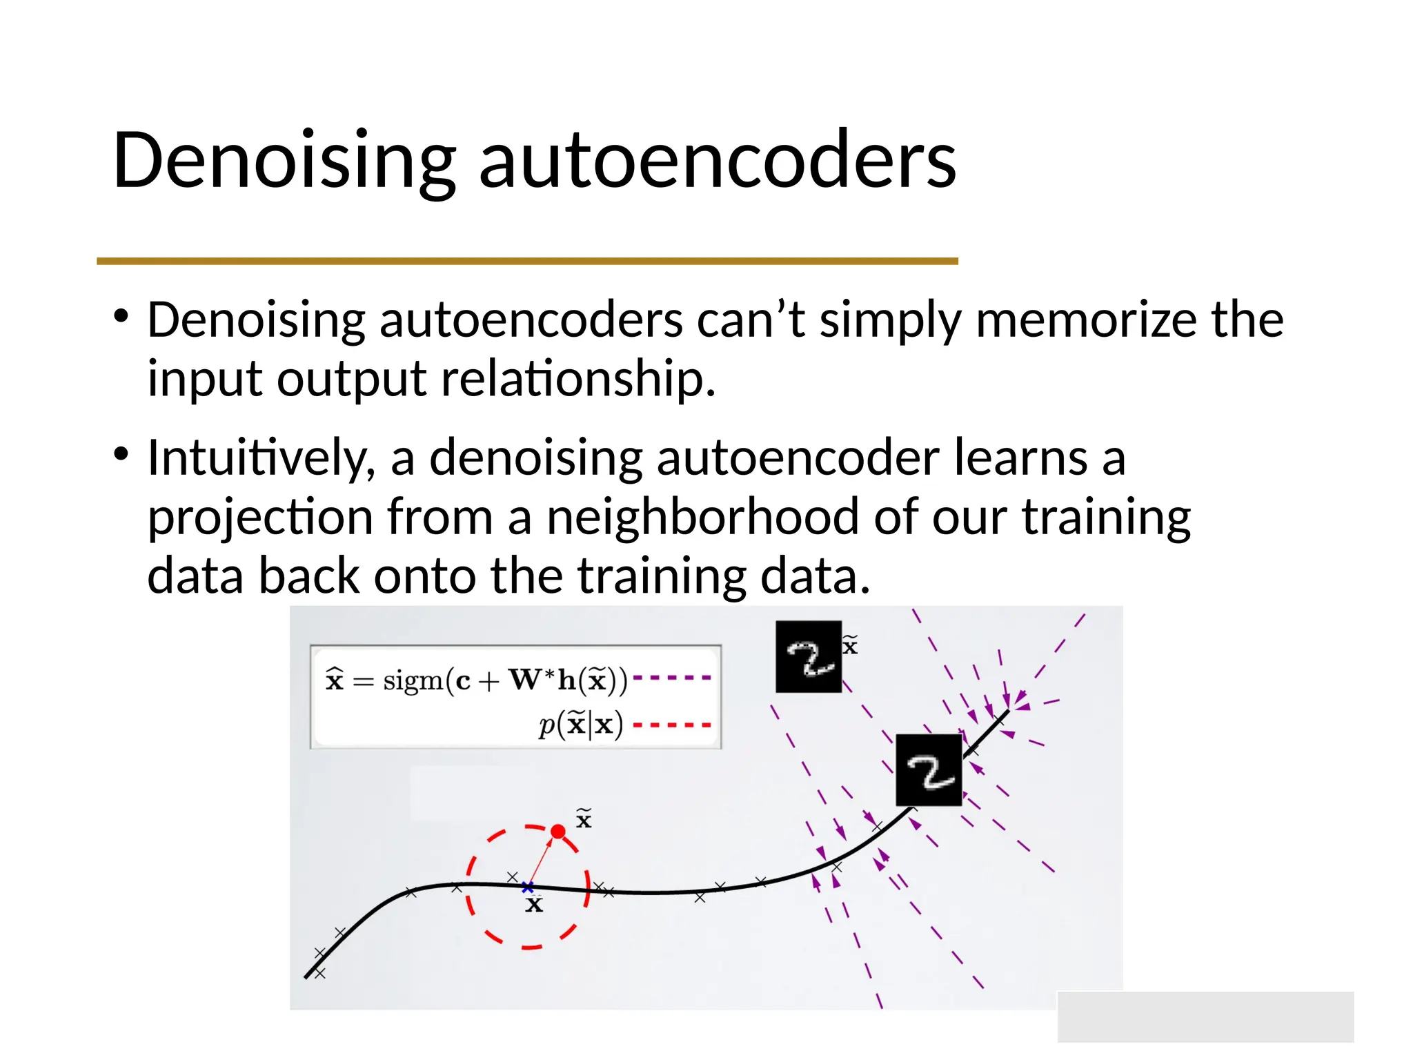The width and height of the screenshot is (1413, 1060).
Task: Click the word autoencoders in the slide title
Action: point(718,161)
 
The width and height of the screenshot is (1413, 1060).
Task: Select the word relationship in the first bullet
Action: point(578,380)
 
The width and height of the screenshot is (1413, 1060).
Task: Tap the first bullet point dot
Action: point(121,317)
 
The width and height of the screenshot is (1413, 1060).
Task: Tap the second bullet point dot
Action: point(121,455)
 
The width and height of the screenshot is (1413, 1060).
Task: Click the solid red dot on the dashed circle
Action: point(558,832)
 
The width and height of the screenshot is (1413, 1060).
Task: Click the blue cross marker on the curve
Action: point(528,887)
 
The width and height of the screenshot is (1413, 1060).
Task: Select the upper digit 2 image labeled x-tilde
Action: point(809,656)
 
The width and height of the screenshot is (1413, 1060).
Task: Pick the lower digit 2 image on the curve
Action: point(929,769)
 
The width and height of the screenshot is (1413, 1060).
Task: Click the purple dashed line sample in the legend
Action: point(671,678)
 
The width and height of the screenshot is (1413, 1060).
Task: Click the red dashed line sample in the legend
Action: point(671,725)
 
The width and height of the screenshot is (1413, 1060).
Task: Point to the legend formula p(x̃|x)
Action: point(581,725)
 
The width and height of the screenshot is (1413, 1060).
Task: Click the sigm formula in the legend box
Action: point(476,680)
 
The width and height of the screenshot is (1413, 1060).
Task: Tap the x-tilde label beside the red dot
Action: point(584,819)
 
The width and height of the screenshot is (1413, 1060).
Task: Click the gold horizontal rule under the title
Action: point(527,261)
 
